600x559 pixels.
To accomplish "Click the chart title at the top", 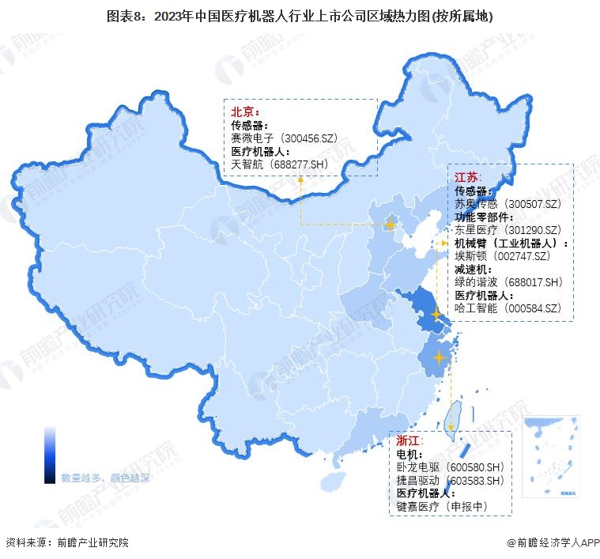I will (299, 16).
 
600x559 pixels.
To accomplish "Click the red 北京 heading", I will (245, 112).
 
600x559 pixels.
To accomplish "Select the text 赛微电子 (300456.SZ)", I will (284, 138).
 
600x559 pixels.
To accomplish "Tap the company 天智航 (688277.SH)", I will (279, 164).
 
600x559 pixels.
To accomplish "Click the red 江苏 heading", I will (468, 177).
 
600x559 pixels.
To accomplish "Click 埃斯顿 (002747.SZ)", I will (500, 255).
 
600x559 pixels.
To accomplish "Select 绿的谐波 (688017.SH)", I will (508, 281).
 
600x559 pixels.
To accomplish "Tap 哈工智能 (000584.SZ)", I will (508, 308).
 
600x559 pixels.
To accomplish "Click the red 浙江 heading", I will (409, 441).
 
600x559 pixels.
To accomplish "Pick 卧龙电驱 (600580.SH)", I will (449, 467).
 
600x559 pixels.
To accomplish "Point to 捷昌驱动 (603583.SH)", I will (449, 480).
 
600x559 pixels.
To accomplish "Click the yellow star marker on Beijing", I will (389, 225).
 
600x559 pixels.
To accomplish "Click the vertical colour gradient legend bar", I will (50, 454).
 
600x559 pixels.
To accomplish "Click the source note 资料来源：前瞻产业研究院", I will (67, 543).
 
